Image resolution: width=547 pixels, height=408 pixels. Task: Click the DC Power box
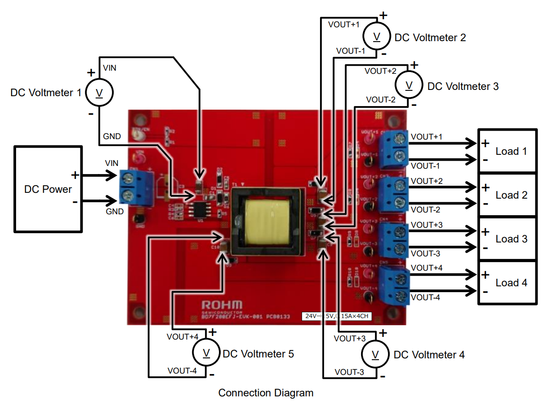[48, 189]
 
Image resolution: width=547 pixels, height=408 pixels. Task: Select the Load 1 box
[508, 151]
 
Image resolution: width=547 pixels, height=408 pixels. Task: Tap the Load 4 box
[508, 283]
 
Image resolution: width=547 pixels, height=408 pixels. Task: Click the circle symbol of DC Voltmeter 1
[100, 93]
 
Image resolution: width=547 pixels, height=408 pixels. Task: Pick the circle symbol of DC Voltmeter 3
[408, 85]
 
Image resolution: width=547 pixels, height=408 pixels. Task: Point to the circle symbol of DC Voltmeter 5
[206, 353]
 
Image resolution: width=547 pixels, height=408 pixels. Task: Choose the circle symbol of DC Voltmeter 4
[376, 354]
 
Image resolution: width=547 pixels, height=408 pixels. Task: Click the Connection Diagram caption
[265, 393]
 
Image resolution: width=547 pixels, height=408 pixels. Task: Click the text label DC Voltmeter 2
[430, 38]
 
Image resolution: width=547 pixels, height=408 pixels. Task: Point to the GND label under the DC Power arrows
[115, 211]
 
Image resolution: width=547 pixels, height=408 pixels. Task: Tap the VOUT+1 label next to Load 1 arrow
[427, 136]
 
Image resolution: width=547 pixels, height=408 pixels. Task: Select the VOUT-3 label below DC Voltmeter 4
[349, 372]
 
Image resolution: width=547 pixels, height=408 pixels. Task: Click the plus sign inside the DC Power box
[75, 174]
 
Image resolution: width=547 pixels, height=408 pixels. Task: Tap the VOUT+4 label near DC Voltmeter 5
[182, 336]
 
